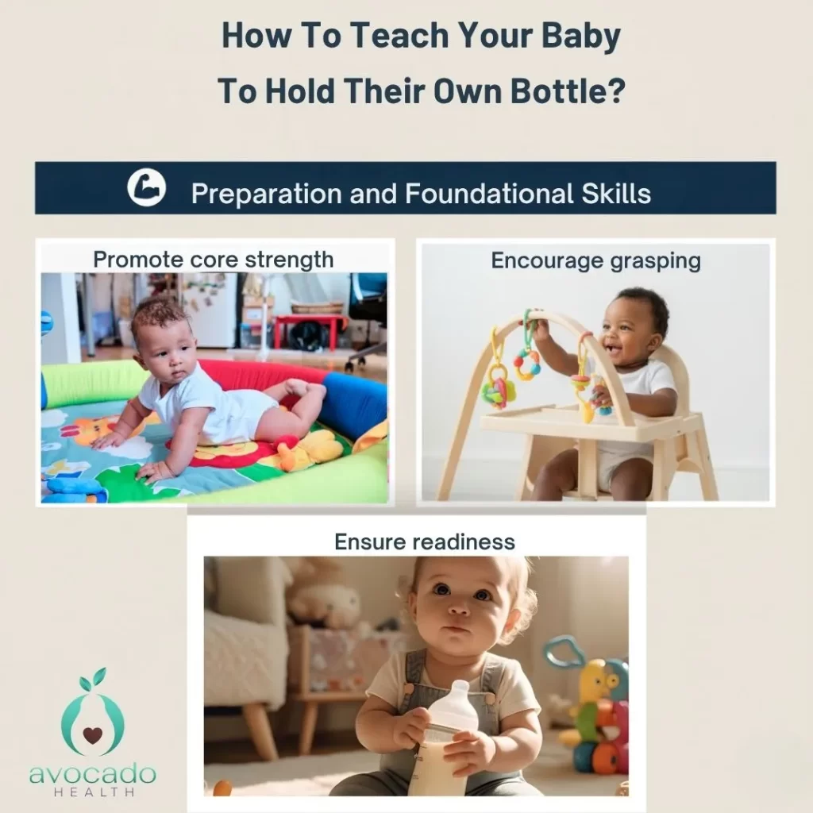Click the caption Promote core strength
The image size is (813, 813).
tap(213, 259)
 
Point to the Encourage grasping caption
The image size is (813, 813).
tap(595, 260)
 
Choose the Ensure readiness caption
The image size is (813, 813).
tap(424, 541)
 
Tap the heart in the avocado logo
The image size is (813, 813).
tap(93, 734)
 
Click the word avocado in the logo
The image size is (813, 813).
tap(92, 775)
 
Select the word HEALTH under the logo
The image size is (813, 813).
tap(92, 792)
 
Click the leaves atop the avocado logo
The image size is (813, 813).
tap(93, 680)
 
